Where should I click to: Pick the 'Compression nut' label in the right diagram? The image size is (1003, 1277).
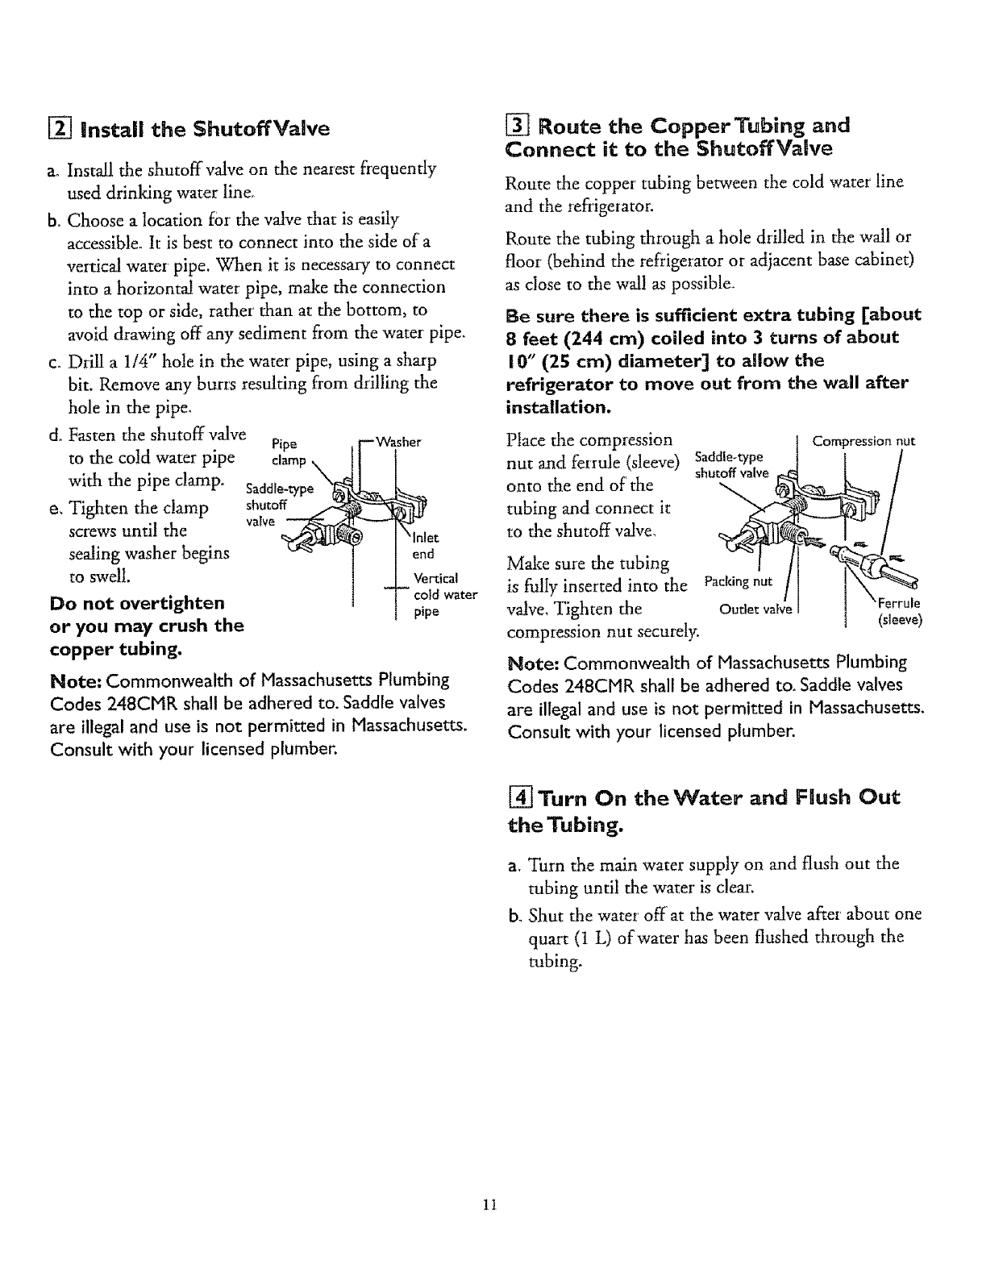(864, 441)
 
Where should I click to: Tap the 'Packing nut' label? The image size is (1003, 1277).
(738, 581)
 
